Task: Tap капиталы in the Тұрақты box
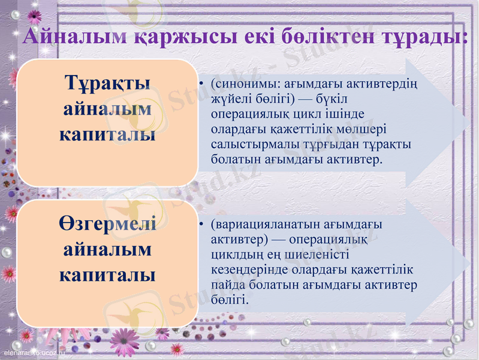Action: tap(107, 134)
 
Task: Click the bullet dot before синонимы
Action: tap(202, 83)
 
